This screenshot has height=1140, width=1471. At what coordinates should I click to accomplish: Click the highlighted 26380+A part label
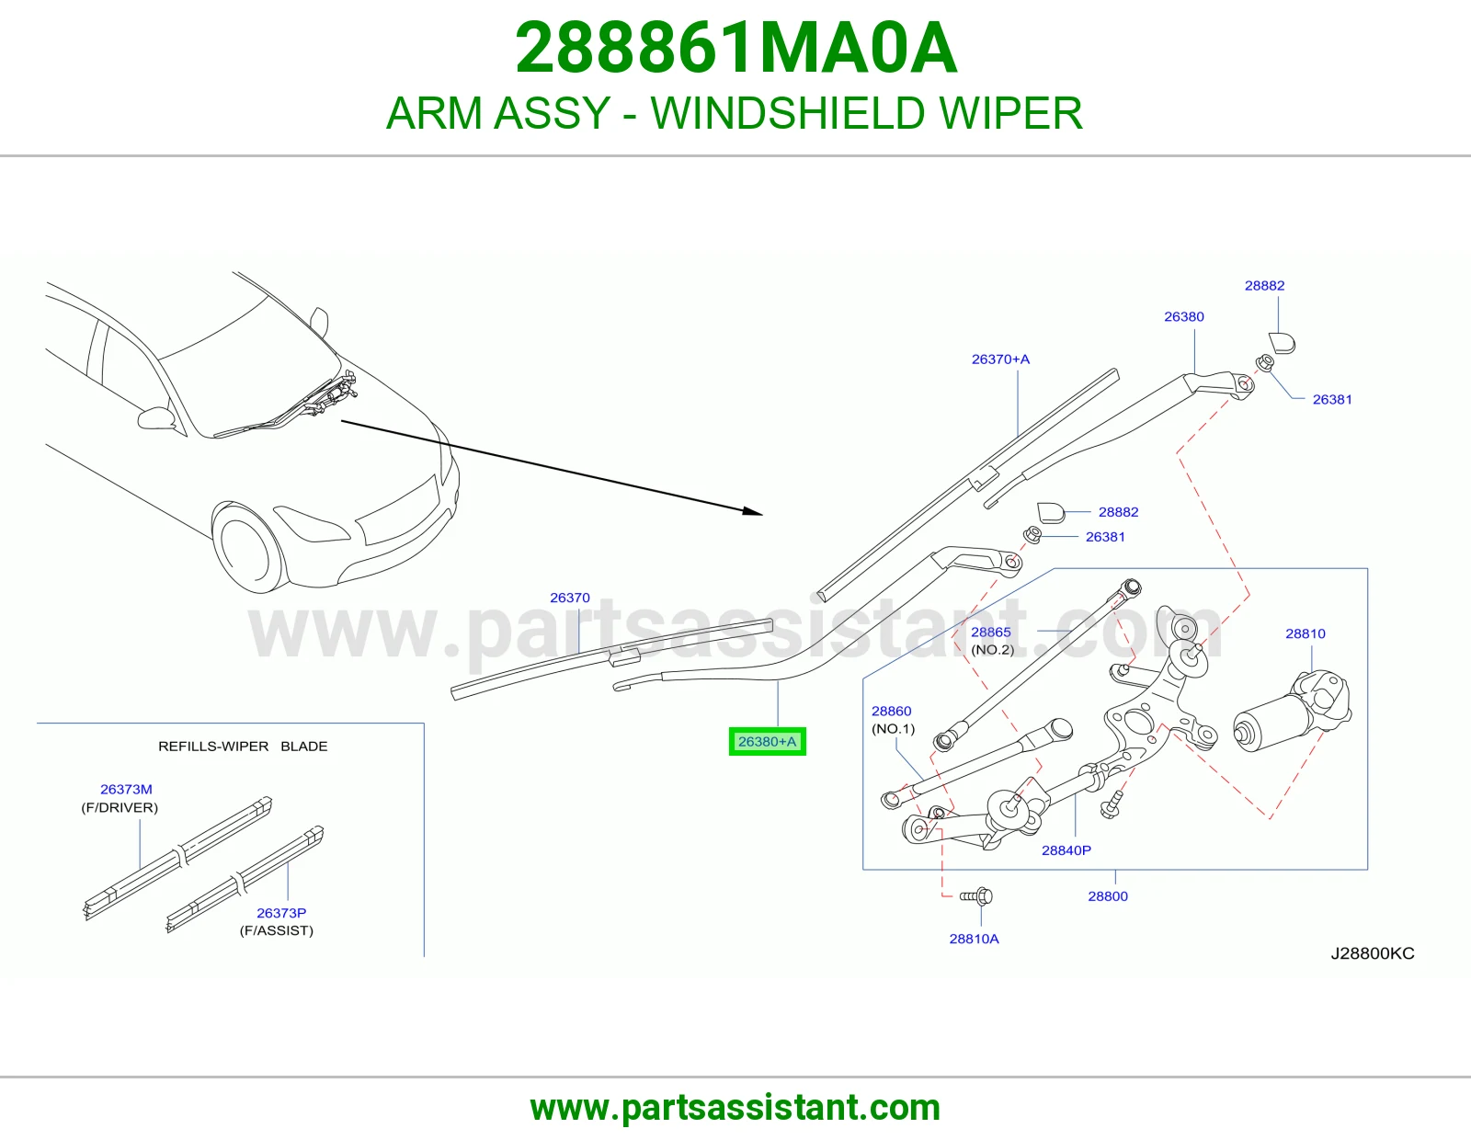(x=767, y=741)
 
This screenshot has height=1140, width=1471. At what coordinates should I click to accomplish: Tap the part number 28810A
(x=974, y=939)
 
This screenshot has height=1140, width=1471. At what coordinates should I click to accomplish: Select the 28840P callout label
(x=1066, y=850)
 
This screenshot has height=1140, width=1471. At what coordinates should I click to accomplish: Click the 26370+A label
(x=1000, y=359)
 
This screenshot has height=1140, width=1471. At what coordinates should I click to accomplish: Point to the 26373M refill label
(x=126, y=790)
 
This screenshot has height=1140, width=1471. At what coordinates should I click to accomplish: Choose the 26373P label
(x=281, y=913)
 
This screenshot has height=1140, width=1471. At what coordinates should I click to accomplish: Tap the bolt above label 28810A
(x=976, y=897)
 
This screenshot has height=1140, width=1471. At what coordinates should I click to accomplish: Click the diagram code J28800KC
(x=1372, y=953)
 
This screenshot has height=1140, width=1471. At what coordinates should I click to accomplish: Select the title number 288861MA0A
(x=735, y=48)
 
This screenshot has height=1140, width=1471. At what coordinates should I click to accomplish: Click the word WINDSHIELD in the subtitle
(x=788, y=113)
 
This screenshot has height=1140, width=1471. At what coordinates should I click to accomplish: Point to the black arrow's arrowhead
(x=753, y=511)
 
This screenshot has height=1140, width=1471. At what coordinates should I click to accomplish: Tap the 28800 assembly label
(x=1108, y=896)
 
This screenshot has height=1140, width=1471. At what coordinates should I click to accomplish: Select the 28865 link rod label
(x=990, y=632)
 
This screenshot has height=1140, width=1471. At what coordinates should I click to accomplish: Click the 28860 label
(x=891, y=711)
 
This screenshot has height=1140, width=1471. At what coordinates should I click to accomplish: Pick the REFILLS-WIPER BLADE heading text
(x=243, y=746)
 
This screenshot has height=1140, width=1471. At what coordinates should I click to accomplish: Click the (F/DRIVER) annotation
(x=120, y=807)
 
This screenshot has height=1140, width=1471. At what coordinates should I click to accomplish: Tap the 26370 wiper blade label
(x=569, y=598)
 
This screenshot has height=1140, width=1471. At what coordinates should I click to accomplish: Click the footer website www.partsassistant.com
(x=735, y=1108)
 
